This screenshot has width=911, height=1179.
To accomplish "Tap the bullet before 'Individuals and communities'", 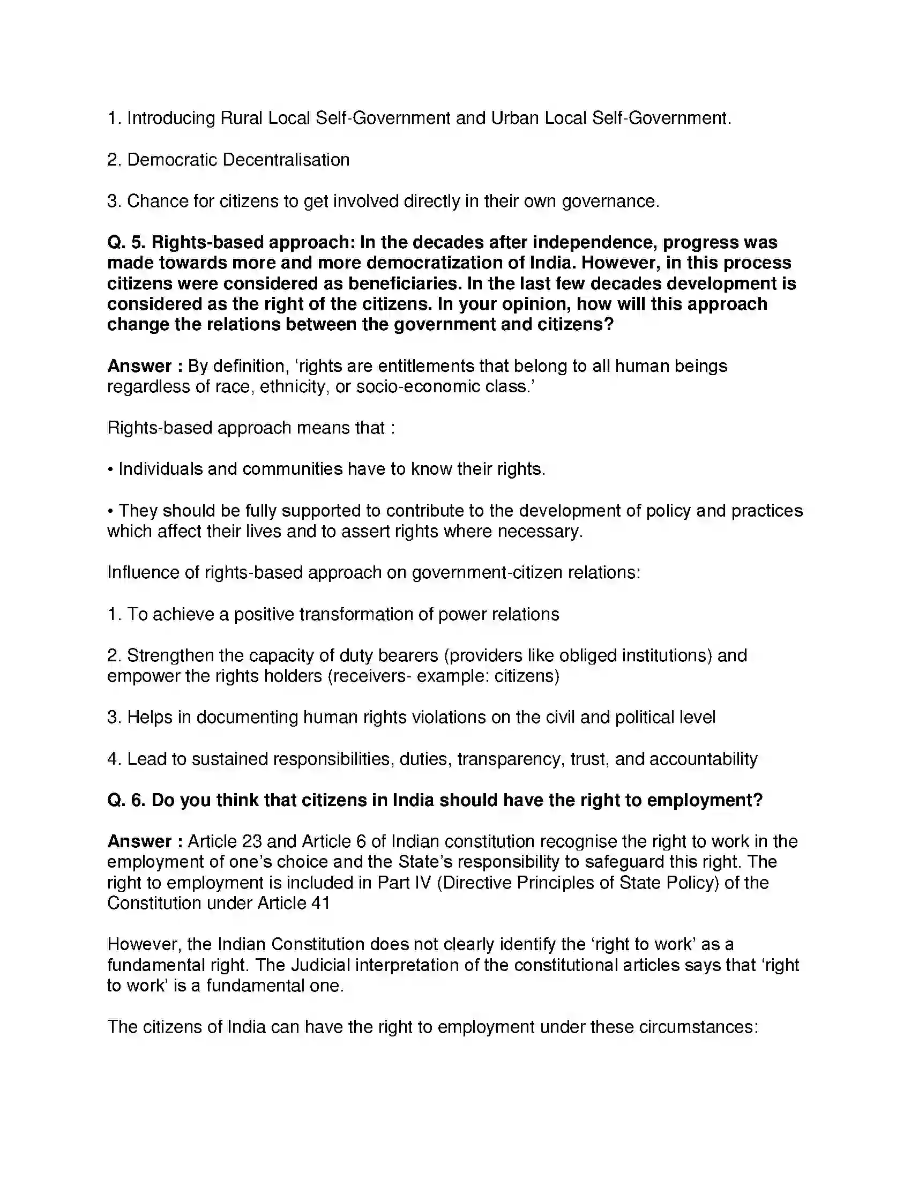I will pyautogui.click(x=110, y=469).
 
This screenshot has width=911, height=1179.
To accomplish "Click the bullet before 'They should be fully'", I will pyautogui.click(x=110, y=511).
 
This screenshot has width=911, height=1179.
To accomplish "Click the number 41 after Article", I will pyautogui.click(x=320, y=903).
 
